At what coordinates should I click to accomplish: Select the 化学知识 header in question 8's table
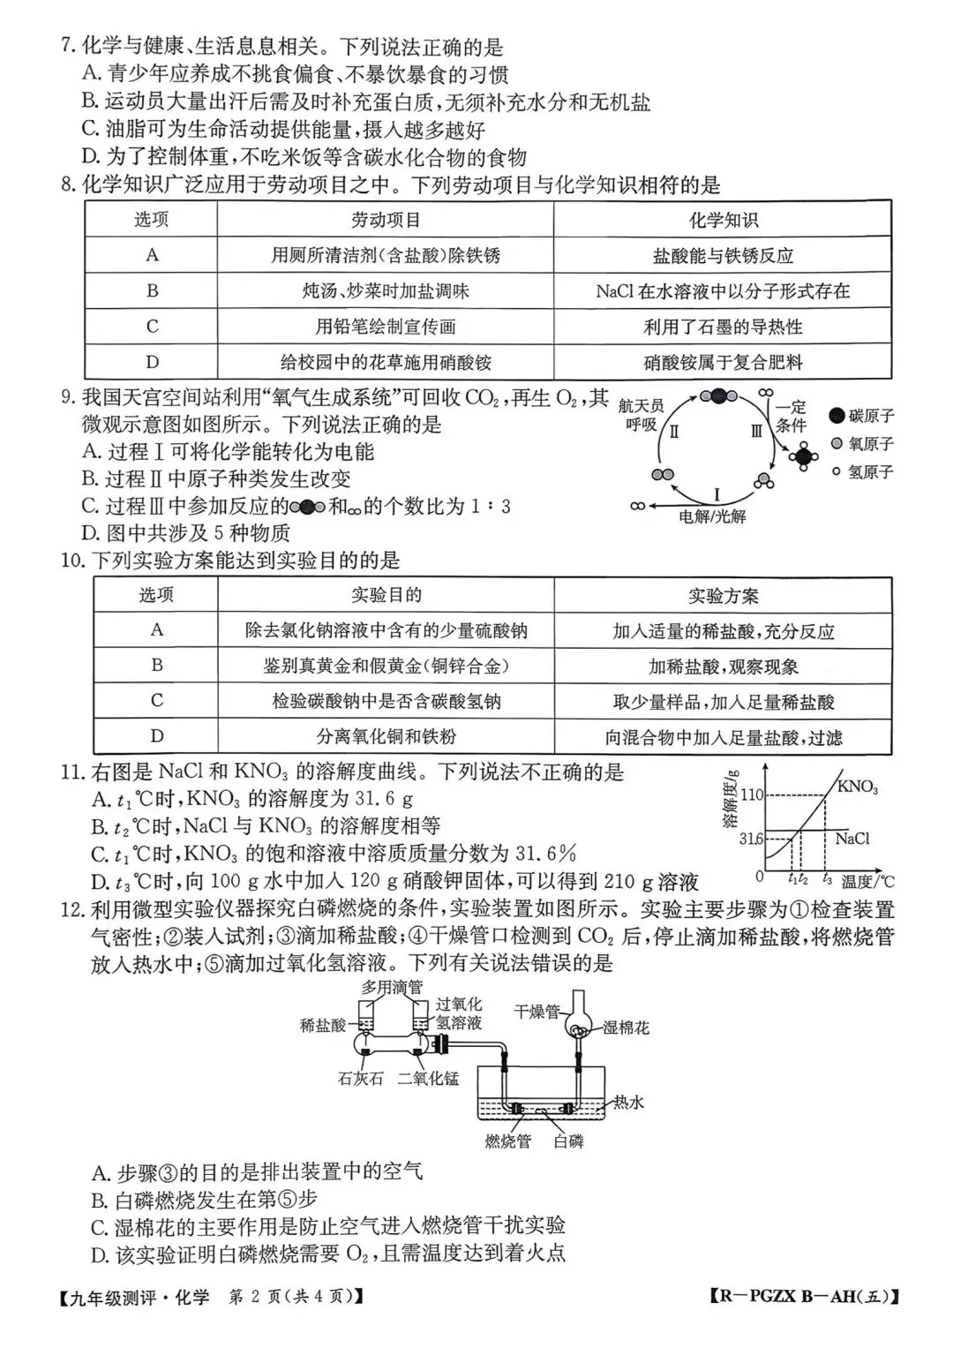pos(723,220)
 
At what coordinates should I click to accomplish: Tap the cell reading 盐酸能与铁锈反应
pos(723,256)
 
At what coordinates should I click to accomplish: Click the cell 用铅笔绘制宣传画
pos(386,327)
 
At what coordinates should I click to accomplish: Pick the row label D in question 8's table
pos(152,362)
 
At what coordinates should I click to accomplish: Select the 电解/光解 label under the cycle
pos(712,516)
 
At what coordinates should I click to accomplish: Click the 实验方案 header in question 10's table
pos(723,596)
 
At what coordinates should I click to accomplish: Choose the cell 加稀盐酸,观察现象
pos(723,666)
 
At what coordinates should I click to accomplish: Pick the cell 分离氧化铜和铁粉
pos(386,736)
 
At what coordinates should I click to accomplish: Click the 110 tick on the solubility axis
pos(752,794)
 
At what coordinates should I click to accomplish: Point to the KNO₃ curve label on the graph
pos(857,787)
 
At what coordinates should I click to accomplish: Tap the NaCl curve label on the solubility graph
pos(852,839)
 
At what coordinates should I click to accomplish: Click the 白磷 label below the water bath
pos(568,1141)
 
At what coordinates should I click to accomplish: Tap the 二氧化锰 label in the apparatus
pos(428,1078)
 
